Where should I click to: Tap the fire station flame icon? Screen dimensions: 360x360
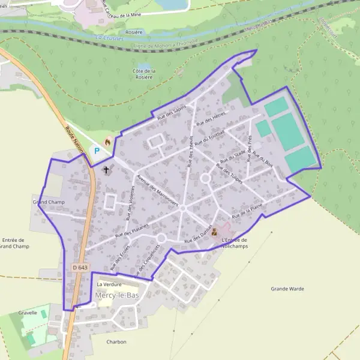click(108, 142)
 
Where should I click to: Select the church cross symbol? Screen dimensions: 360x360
click(107, 170)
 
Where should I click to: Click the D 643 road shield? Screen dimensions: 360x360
click(79, 266)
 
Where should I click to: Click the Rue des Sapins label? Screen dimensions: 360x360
click(172, 111)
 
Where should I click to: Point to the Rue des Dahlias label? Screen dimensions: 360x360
click(199, 236)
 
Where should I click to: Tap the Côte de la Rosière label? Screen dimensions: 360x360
click(144, 74)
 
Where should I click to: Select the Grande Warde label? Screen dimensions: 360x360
click(287, 289)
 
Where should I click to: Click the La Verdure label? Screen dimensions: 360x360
click(109, 284)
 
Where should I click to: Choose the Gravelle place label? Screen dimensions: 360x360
click(28, 313)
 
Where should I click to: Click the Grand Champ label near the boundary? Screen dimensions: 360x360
click(49, 202)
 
